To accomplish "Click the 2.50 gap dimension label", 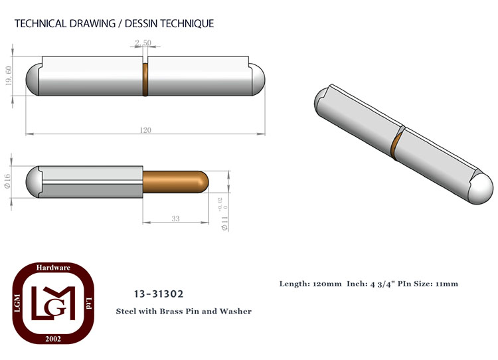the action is pos(143,43).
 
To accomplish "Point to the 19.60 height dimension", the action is pos(9,76).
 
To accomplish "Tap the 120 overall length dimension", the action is pos(145,130).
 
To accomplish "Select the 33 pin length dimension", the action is pos(176,219).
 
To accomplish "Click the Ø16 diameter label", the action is pos(7,181).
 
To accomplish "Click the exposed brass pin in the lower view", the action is pos(176,182).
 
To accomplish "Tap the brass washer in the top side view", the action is pos(145,80).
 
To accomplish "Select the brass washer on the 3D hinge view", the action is pos(396,145).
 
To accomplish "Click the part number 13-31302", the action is pos(159,294).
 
